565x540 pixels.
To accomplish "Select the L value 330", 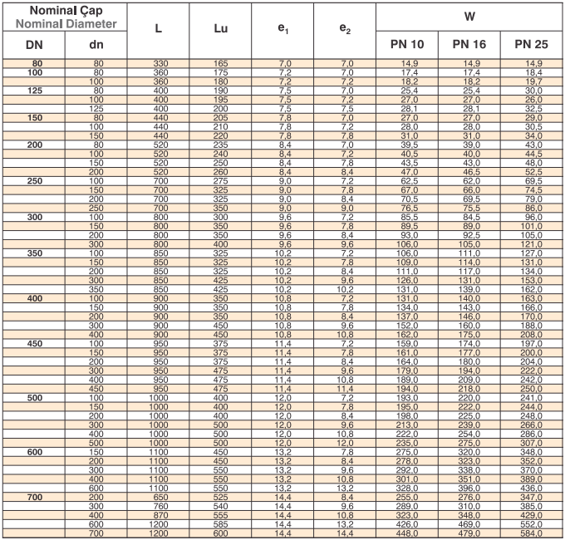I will [x=158, y=63].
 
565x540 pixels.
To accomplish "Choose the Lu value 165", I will [x=219, y=63].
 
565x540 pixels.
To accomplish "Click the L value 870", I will [x=158, y=513].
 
